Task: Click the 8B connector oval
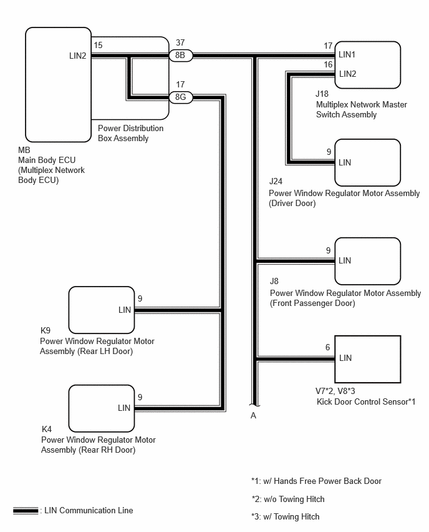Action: click(x=181, y=56)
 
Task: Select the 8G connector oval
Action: click(x=181, y=97)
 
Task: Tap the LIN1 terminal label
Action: click(x=347, y=54)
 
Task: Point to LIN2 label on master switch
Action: click(x=347, y=74)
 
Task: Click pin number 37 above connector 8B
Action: click(x=180, y=42)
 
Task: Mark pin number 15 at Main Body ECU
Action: click(x=98, y=45)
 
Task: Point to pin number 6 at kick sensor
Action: click(x=328, y=347)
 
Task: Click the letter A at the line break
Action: click(x=253, y=416)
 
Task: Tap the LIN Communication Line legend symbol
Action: click(x=26, y=510)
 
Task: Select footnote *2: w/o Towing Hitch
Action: click(x=288, y=499)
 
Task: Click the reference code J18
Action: click(x=322, y=94)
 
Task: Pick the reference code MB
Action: click(x=24, y=150)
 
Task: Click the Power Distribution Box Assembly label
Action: click(x=130, y=134)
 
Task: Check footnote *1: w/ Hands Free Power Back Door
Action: click(x=317, y=481)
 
